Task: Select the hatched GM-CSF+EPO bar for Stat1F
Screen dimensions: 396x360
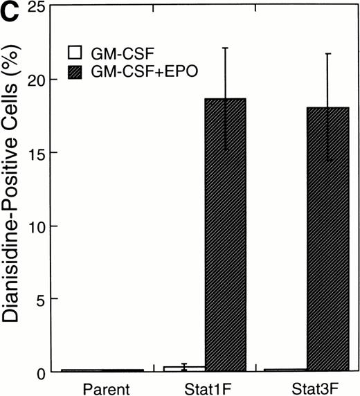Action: [225, 235]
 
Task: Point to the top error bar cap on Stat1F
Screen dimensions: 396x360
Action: [225, 48]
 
